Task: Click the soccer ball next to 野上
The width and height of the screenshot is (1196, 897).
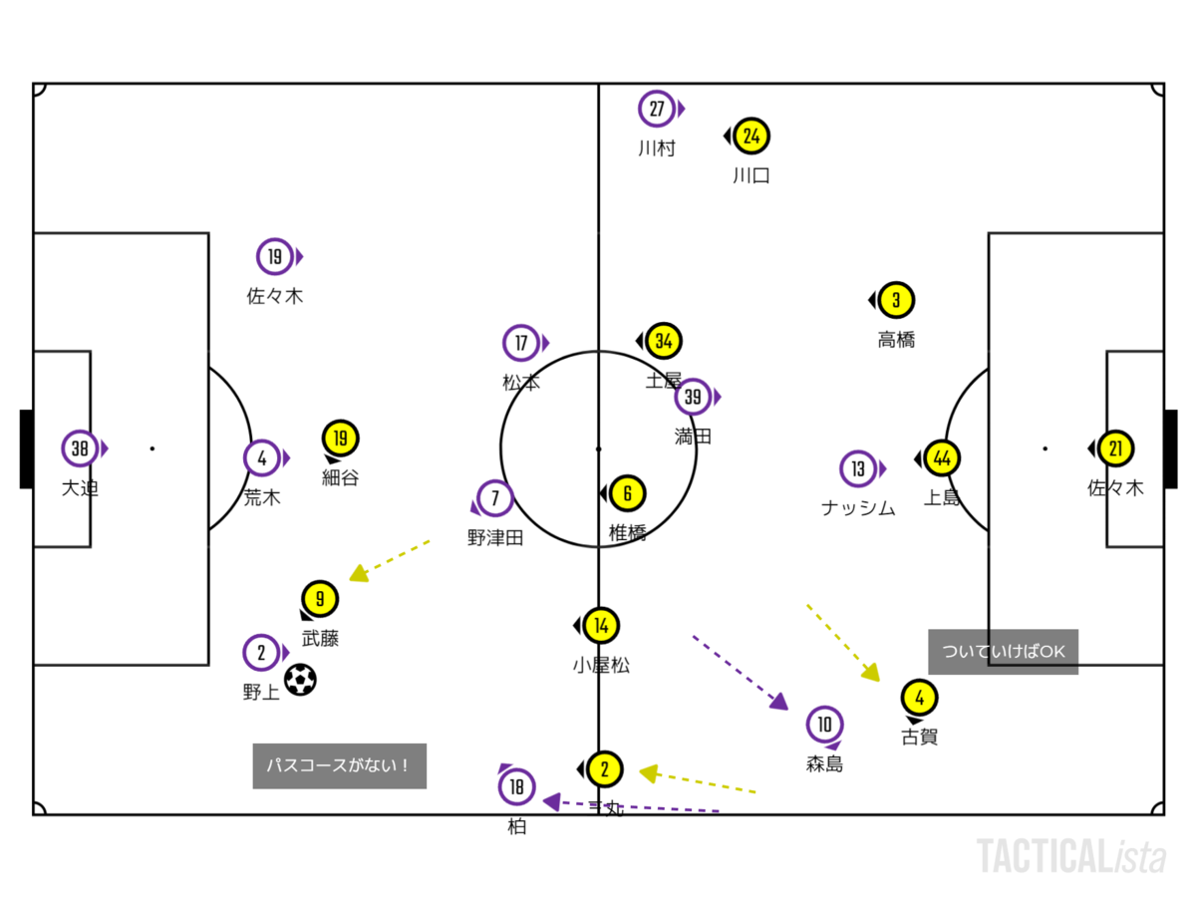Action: [300, 680]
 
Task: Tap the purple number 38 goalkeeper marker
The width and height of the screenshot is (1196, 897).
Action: [80, 448]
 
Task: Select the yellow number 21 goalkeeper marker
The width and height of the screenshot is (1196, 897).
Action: [1115, 448]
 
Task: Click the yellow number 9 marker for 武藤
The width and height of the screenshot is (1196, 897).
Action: [320, 599]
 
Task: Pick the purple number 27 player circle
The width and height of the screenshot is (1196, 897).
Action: [657, 109]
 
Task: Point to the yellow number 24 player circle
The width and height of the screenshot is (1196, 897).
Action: [752, 136]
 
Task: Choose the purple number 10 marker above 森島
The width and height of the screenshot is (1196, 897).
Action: [824, 725]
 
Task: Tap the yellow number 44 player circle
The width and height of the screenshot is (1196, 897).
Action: [942, 458]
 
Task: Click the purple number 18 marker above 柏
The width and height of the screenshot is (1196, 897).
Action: [516, 786]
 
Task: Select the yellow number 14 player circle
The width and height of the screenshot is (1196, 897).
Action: [601, 626]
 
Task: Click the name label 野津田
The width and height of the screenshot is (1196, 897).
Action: [495, 538]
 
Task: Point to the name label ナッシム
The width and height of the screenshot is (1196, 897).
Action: [858, 508]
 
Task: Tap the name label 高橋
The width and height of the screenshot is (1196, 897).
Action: [896, 340]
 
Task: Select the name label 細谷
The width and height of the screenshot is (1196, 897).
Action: [340, 477]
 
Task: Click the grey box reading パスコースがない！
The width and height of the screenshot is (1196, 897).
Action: [339, 765]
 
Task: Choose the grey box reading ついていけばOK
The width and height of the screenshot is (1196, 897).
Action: [1003, 652]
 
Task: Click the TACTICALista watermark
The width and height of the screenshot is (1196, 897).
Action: [1070, 856]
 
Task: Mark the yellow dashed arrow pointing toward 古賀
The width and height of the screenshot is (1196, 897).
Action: [843, 642]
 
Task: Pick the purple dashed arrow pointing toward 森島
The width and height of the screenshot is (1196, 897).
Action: [740, 672]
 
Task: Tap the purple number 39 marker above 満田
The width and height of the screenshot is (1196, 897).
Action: [694, 397]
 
